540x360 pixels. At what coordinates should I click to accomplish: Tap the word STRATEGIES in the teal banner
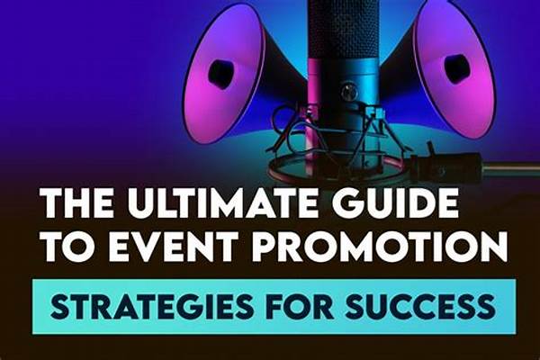pos(151,306)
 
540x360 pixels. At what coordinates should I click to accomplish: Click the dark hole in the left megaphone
pos(220,69)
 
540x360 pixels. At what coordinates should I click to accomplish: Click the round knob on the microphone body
pos(346,90)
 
